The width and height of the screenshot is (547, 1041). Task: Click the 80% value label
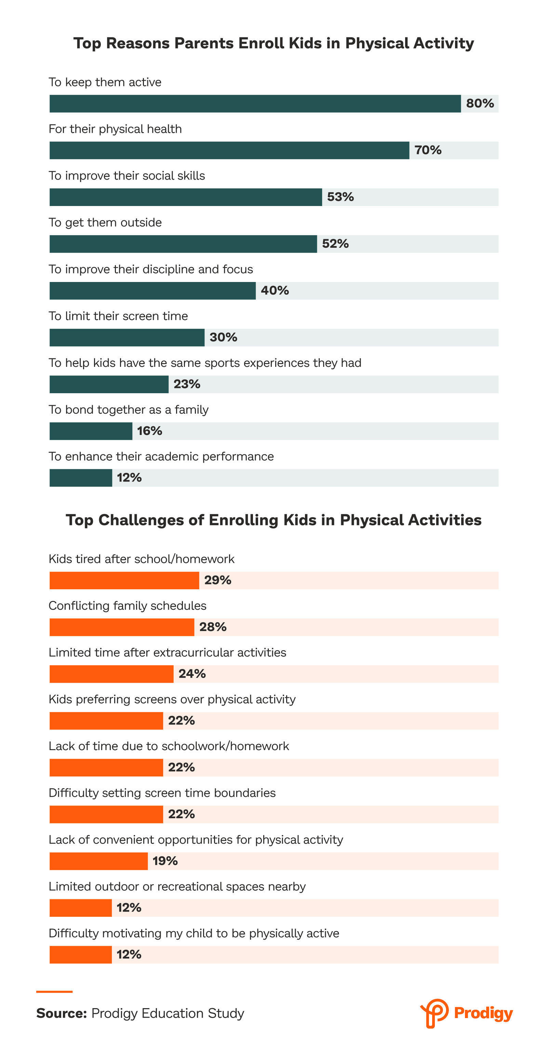[x=480, y=103]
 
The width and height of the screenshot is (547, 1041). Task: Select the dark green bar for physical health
[x=229, y=150]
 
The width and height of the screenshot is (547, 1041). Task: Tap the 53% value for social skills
[x=340, y=197]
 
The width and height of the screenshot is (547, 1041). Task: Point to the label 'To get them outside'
[x=105, y=223]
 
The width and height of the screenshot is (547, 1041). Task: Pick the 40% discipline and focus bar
[x=152, y=291]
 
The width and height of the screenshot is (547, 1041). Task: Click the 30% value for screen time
[x=223, y=337]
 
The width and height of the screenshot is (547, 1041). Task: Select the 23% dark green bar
[x=109, y=384]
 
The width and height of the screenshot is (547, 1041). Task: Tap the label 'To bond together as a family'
[x=128, y=410]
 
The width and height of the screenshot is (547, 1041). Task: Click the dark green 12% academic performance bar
[x=80, y=478]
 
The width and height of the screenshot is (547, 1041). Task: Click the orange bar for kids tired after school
[x=124, y=580]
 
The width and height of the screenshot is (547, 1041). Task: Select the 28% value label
[x=213, y=627]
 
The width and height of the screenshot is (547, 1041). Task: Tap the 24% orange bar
[x=111, y=674]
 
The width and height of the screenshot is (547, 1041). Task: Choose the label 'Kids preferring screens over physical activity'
[x=172, y=699]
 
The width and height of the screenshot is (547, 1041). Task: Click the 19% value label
[x=165, y=861]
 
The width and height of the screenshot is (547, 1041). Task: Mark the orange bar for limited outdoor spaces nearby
[x=80, y=908]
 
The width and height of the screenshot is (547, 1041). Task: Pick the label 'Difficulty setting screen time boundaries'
[x=162, y=793]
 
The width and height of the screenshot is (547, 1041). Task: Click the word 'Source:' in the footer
[x=61, y=1014]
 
